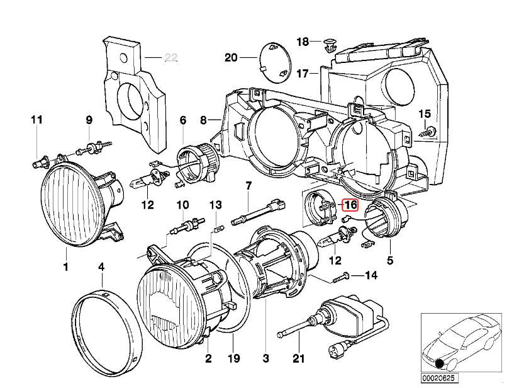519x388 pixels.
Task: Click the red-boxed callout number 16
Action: coord(350,205)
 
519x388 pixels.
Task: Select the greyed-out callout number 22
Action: coord(170,59)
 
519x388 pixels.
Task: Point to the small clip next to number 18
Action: coord(329,44)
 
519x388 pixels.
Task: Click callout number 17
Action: coord(303,74)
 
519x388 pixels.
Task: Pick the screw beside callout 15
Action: coord(430,131)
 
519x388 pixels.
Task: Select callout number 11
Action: coord(36,120)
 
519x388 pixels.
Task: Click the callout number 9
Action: coord(89,120)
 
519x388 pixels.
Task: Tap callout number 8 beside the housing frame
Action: coord(203,120)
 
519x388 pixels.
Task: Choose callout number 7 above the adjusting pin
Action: coord(248,186)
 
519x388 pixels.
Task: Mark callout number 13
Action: coord(215,205)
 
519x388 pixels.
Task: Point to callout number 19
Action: coord(233,359)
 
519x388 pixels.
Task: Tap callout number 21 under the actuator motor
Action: coord(298,359)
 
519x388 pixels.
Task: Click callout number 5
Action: coord(390,259)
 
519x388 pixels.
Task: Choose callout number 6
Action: coord(183,120)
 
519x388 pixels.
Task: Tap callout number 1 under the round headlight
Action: coord(65,267)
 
